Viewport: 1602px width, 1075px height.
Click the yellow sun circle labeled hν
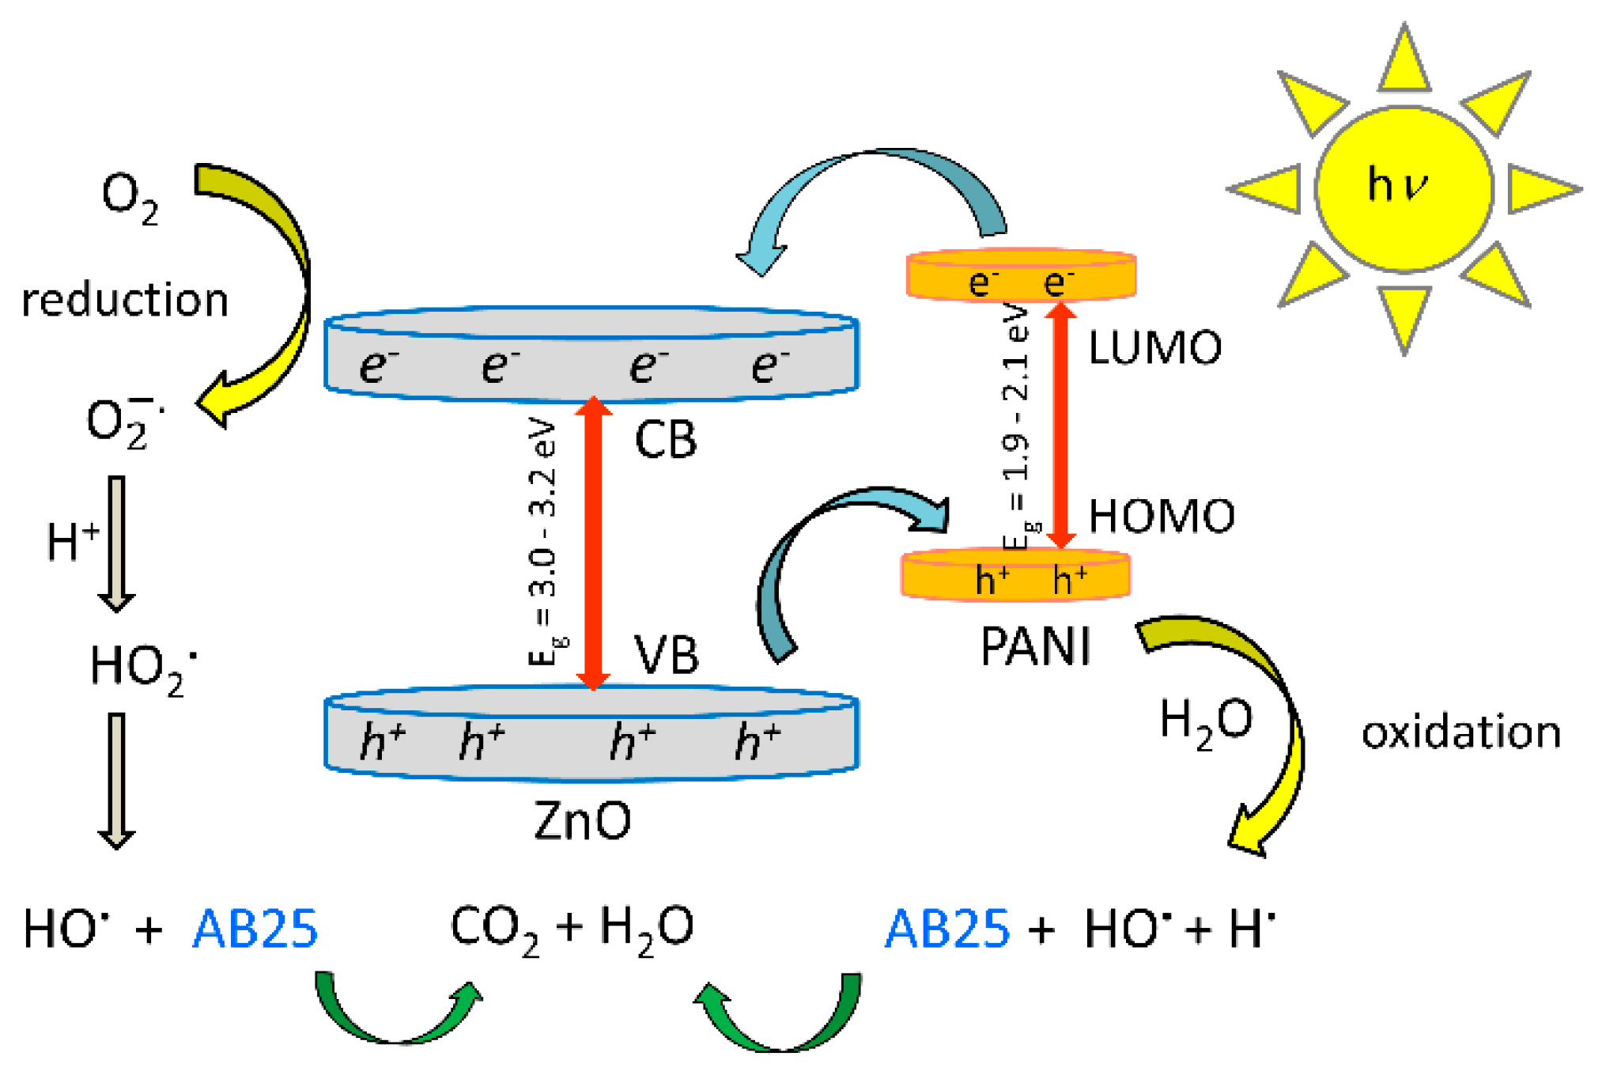coord(1404,190)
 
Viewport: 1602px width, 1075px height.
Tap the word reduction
coord(125,301)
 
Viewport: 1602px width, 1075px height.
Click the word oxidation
coord(1460,732)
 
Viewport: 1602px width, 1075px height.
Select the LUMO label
coord(1154,348)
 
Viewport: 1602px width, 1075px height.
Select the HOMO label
coord(1161,517)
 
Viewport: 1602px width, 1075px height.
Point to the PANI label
coord(1035,647)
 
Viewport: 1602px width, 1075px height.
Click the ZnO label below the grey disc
coord(583,821)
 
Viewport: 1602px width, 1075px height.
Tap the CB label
coord(666,440)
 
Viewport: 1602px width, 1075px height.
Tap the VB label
coord(667,655)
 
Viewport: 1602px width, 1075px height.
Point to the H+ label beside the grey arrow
coord(73,542)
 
